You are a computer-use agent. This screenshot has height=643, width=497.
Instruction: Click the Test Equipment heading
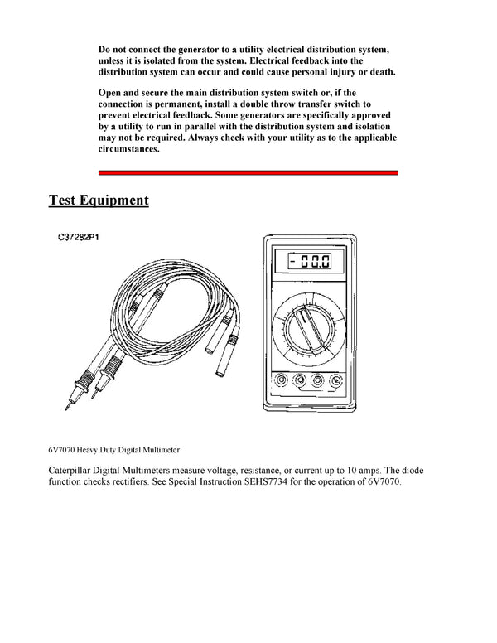click(99, 201)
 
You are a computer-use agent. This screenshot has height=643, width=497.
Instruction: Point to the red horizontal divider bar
click(248, 172)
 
